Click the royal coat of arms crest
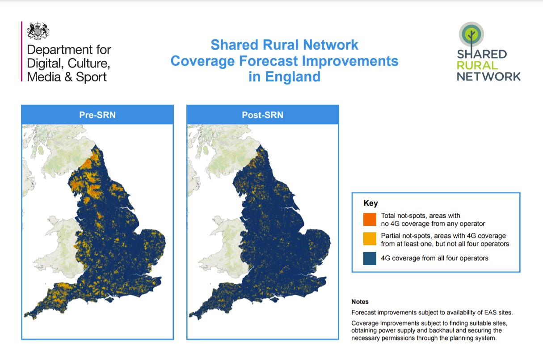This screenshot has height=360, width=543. point(38,31)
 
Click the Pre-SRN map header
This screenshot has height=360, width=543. point(97,115)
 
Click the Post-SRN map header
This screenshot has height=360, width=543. point(262,115)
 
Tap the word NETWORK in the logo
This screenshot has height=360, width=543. point(488,76)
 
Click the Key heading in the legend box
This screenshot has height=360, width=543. point(370,203)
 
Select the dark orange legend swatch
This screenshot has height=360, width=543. point(370,219)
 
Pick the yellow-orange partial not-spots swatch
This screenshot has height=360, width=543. point(370,239)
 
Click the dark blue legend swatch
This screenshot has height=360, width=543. point(370,258)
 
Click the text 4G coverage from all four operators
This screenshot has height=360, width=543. point(434,258)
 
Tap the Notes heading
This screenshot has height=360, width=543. point(360,302)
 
